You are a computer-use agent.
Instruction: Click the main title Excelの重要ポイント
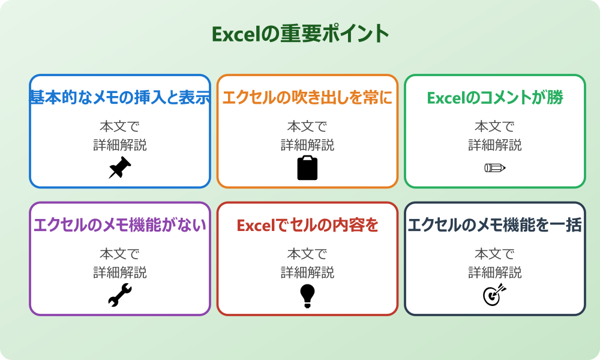pos(300,34)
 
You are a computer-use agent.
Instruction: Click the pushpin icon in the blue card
pos(120,168)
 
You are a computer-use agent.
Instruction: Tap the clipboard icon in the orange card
pos(307,168)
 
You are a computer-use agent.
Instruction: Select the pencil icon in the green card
pos(495,168)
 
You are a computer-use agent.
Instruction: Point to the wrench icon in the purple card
pos(120,295)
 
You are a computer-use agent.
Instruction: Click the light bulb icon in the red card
pos(307,295)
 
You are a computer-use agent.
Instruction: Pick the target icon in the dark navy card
pos(495,295)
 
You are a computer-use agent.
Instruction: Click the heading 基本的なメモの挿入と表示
pos(120,98)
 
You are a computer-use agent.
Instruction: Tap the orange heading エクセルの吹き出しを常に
pos(307,98)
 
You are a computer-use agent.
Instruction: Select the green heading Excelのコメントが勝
pos(495,98)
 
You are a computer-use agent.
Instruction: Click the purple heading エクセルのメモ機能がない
pos(120,226)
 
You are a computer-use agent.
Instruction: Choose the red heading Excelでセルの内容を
pos(307,226)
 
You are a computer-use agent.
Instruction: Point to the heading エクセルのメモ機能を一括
pos(495,226)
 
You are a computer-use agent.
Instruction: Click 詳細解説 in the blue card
pos(120,145)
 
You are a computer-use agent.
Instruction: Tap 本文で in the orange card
pos(307,127)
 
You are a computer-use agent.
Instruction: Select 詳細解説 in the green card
pos(495,145)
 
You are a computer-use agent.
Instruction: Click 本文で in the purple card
pos(120,254)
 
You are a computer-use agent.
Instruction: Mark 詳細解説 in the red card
pos(307,272)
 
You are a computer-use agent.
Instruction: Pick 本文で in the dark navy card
pos(495,254)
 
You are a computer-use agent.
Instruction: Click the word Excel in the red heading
pos(254,226)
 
